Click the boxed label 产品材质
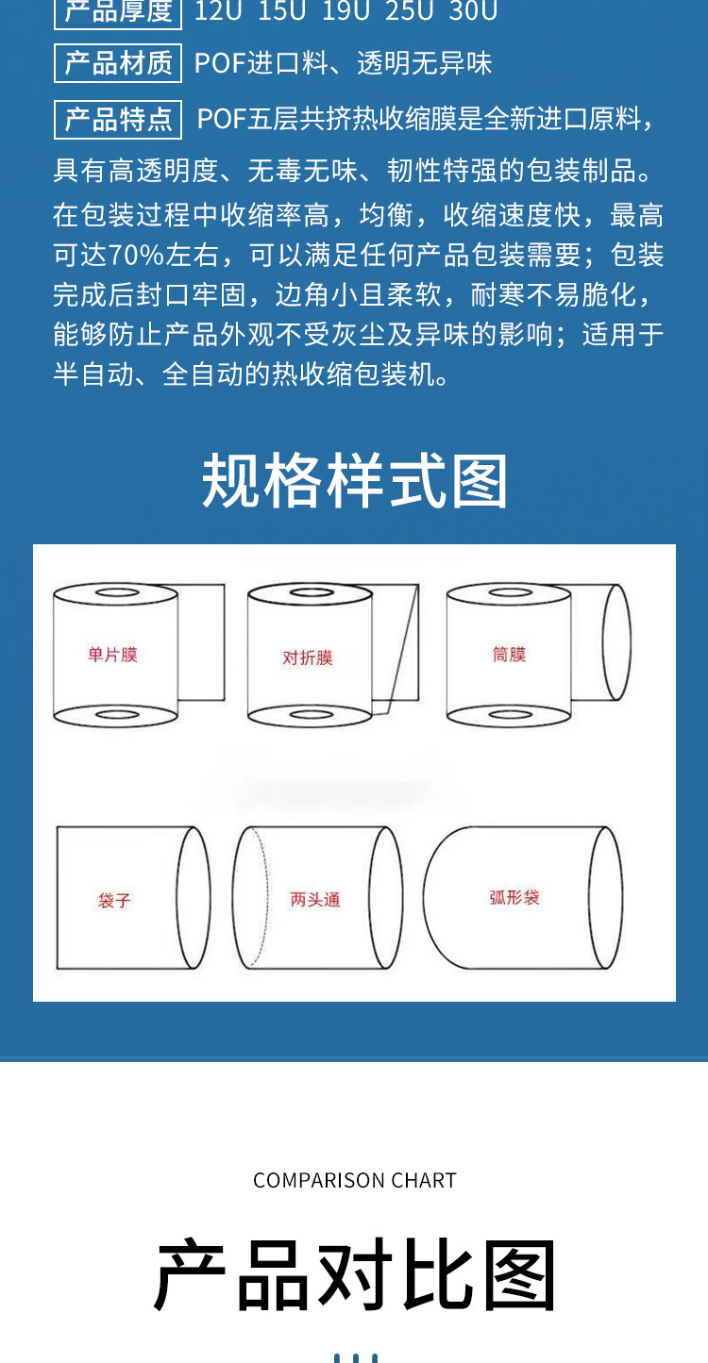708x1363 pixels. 118,63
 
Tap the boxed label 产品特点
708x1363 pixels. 118,120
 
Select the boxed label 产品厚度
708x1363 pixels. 118,11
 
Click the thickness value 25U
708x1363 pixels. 408,11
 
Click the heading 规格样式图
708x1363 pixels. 354,481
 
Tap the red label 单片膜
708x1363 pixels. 112,654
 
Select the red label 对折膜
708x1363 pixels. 308,657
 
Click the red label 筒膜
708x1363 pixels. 509,654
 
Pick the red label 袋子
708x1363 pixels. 114,900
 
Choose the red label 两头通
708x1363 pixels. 315,899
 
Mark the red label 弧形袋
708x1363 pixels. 514,897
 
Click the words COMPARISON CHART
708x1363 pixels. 354,1180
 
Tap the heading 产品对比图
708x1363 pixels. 354,1275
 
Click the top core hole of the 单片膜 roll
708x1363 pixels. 116,594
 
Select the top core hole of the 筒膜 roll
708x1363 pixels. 508,594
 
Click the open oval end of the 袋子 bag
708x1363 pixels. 194,897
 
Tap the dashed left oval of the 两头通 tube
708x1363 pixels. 250,897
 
